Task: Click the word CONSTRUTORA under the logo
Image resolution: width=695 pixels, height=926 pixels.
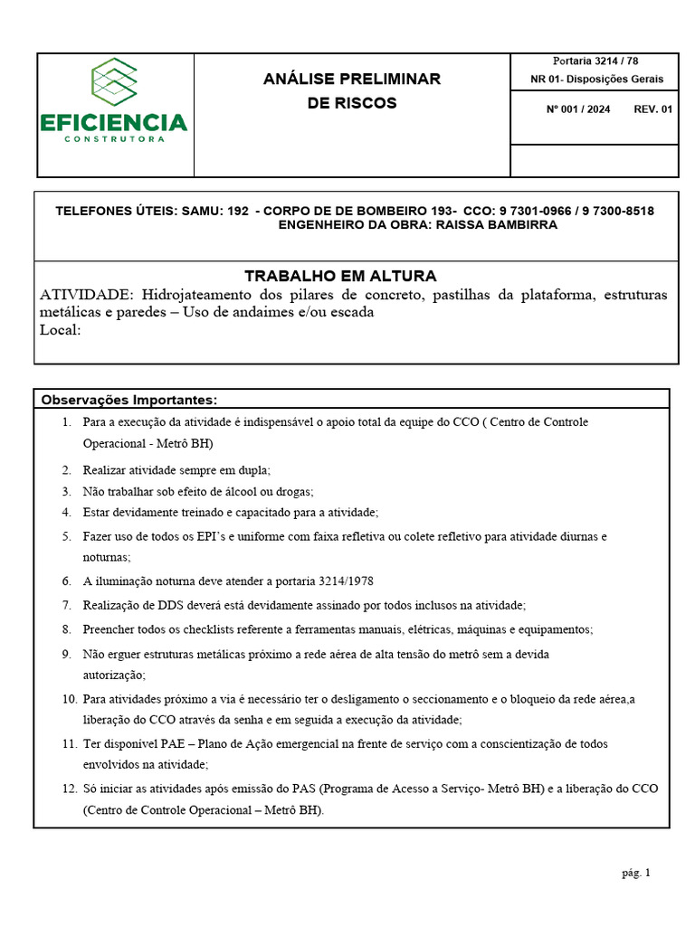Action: click(x=114, y=139)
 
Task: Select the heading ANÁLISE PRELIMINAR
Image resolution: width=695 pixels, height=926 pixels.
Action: click(x=352, y=80)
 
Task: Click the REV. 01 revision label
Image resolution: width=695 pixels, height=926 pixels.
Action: click(x=653, y=109)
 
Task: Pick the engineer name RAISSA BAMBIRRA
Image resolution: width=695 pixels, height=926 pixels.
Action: click(x=497, y=225)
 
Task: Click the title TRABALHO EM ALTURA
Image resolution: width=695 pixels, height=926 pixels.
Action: click(x=340, y=276)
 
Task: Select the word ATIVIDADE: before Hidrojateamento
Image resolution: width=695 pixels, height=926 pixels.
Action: click(x=87, y=295)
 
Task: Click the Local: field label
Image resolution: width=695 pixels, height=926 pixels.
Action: click(x=61, y=329)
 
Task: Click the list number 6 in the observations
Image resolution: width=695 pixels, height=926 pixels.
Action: click(x=66, y=581)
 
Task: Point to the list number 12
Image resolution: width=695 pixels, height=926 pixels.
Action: click(x=69, y=789)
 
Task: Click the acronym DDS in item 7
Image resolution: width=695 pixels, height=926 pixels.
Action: click(x=164, y=605)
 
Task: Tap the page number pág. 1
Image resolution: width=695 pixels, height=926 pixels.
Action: click(x=635, y=873)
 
